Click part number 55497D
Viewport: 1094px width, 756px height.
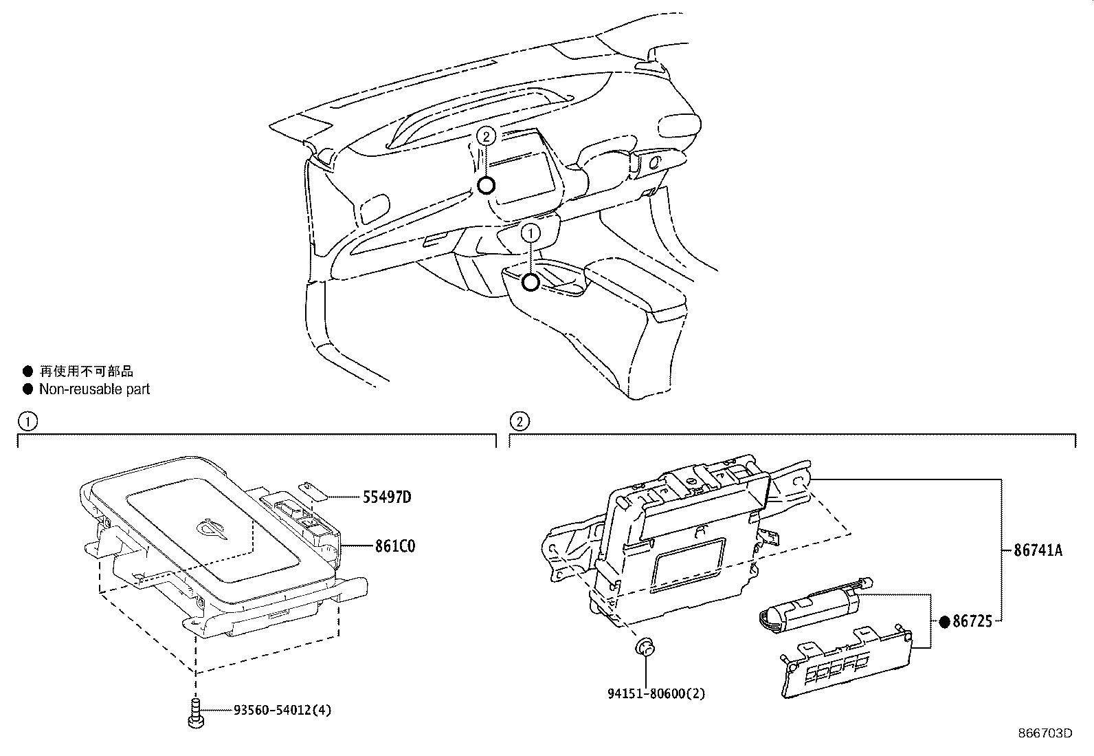click(386, 497)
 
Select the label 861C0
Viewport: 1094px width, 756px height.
click(395, 546)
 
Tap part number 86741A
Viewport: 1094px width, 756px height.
click(1038, 550)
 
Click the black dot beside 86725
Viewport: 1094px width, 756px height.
click(944, 622)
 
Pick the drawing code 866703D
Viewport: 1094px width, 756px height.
click(1045, 733)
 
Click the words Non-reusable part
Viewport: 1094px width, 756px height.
click(94, 389)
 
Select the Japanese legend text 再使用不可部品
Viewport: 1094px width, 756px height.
click(86, 371)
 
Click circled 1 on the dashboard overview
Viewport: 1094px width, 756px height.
click(531, 234)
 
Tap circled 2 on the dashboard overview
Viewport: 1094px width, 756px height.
click(486, 136)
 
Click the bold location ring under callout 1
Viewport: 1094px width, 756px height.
click(531, 282)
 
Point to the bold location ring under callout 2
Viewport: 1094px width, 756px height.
click(486, 185)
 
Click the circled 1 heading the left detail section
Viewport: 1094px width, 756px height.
click(27, 420)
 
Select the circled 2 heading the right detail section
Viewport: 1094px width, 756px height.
click(519, 420)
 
